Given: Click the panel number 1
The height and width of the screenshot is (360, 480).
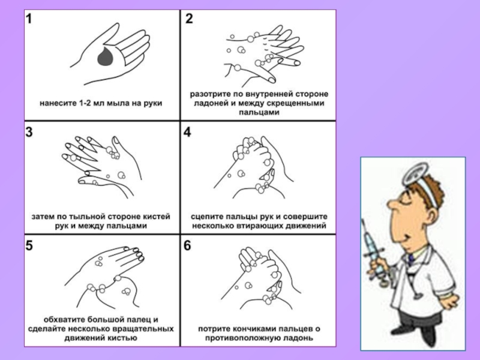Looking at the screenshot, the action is (29, 19).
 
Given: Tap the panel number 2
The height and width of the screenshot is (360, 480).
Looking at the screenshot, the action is (189, 19).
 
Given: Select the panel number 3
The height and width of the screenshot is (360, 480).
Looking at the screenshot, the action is (29, 132).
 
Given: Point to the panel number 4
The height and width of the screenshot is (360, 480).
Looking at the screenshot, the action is (187, 132).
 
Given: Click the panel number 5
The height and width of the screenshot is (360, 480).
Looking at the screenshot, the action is (29, 245).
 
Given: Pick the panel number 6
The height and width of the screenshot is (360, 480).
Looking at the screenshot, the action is (187, 245).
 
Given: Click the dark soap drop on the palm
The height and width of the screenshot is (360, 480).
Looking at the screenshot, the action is (106, 56).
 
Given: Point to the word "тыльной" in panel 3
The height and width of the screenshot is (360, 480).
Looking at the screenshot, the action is (82, 217).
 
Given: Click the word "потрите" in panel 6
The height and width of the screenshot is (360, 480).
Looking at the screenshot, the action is (213, 329).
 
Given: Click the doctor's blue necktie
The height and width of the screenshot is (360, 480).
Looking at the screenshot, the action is (411, 260).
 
